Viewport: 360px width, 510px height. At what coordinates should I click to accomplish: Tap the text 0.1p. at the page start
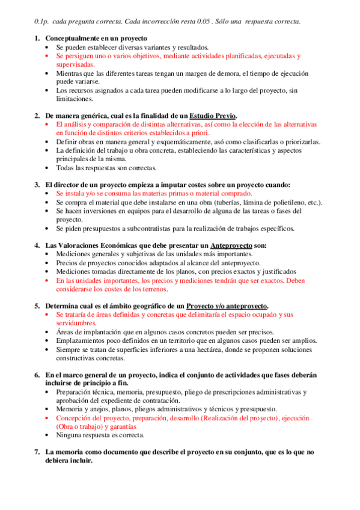[x=43, y=22]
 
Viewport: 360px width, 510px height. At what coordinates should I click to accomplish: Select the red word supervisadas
[x=75, y=64]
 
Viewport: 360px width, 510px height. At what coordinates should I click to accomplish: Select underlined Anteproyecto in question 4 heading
[x=231, y=245]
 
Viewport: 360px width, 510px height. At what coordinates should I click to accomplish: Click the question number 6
[x=37, y=375]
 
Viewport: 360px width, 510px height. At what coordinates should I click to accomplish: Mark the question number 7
[x=37, y=452]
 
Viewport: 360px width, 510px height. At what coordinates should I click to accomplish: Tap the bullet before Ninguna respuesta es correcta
[x=48, y=435]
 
